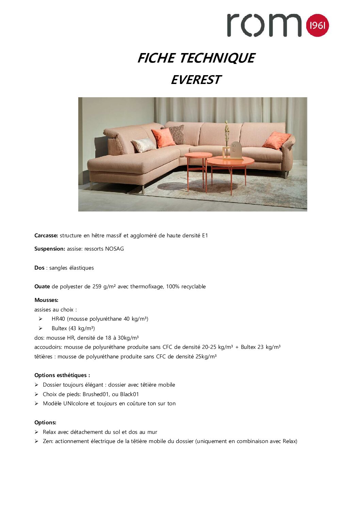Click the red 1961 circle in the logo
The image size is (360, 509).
pos(317,26)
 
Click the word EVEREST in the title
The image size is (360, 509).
pos(196,80)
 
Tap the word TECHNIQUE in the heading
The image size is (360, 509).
pos(217,58)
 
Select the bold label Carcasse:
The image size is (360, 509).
pos(46,235)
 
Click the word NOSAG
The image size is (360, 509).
pos(114,249)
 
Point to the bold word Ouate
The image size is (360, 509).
pos(42,287)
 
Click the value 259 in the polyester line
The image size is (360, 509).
pos(97,287)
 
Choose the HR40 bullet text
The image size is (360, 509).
pos(100,319)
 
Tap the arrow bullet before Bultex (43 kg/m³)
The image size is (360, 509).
pos(40,328)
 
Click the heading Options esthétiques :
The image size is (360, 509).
pos(62,375)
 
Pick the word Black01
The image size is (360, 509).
pos(129,394)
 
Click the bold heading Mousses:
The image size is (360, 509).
pos(46,300)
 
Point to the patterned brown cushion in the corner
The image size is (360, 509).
pos(177,134)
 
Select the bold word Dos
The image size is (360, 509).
pos(39,268)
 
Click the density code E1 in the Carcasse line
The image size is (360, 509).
pos(205,235)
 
